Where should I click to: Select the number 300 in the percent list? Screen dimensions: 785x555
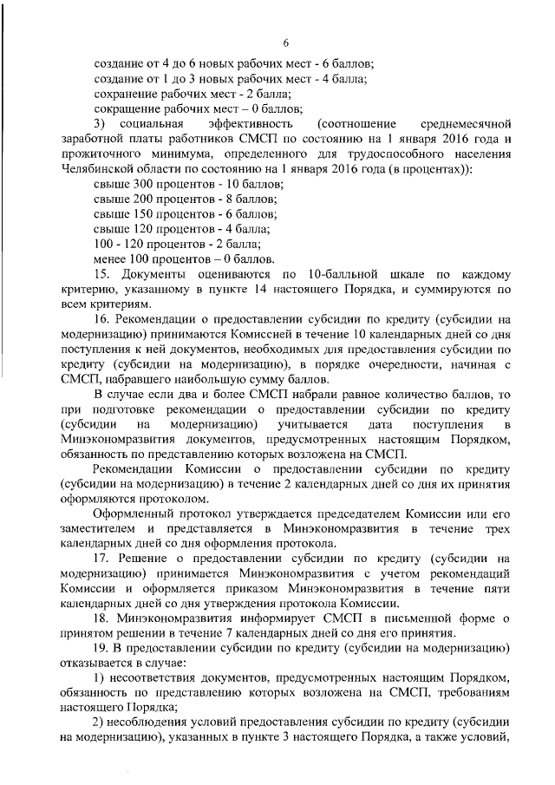click(140, 185)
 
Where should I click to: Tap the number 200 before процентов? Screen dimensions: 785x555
click(140, 200)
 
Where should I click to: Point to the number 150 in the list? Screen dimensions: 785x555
click(140, 214)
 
